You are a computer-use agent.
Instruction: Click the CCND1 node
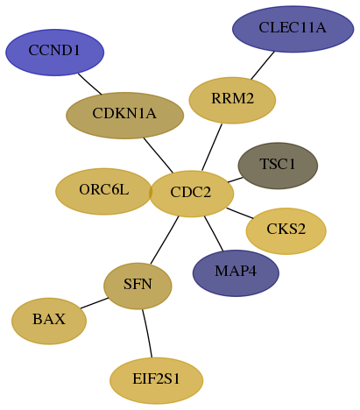tap(55, 53)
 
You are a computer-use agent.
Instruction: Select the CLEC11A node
tap(293, 29)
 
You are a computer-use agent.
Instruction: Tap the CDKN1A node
tap(125, 116)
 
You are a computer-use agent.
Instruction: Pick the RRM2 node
tap(232, 100)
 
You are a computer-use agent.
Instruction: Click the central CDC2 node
tap(192, 194)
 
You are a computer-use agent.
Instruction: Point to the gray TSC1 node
tap(278, 166)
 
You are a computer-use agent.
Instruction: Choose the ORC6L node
tap(103, 191)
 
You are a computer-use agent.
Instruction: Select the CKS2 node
tap(286, 231)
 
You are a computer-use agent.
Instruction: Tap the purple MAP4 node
tap(236, 273)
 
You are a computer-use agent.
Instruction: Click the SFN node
tap(138, 286)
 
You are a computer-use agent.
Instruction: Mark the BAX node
tap(49, 321)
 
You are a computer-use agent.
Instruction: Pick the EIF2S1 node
tap(157, 380)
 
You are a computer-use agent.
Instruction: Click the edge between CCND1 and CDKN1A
tap(89, 84)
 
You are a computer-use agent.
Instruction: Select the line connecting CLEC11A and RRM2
tap(263, 65)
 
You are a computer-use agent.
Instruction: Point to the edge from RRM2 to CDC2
tap(212, 147)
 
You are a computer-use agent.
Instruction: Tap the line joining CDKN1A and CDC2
tap(159, 155)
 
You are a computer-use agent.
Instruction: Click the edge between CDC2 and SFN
tap(165, 240)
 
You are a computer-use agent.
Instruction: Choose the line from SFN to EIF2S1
tap(147, 333)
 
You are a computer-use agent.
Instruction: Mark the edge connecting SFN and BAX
tap(95, 303)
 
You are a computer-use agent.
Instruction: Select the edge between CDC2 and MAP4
tap(214, 233)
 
